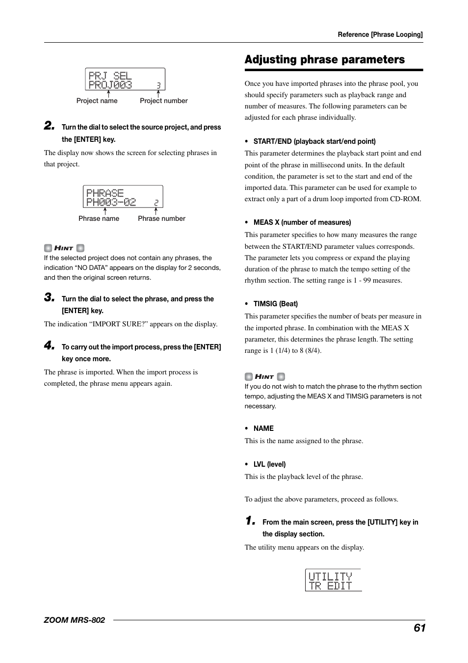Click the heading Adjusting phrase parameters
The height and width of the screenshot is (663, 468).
tap(324, 60)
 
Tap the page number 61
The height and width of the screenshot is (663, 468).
tap(419, 628)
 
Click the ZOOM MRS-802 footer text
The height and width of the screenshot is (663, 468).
tap(75, 620)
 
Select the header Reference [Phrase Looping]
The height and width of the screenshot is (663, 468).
tap(380, 35)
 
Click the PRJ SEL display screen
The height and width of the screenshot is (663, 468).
tap(125, 80)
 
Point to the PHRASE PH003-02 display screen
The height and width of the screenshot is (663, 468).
tap(123, 197)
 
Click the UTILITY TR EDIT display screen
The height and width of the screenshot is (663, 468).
tap(333, 580)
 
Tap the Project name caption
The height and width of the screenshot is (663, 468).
tap(97, 101)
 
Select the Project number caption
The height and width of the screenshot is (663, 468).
tap(163, 101)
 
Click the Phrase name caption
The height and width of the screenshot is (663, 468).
tap(99, 218)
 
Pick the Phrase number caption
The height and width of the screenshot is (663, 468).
tap(161, 218)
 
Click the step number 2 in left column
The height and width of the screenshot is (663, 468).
tap(49, 126)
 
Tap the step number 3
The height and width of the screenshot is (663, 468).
tap(49, 297)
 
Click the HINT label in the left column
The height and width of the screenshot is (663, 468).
tap(64, 248)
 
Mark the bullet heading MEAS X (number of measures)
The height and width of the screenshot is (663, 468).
tap(302, 222)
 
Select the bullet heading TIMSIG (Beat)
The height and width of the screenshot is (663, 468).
tap(275, 304)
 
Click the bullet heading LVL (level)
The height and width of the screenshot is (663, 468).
tap(269, 464)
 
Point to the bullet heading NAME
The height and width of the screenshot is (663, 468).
tap(263, 428)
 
